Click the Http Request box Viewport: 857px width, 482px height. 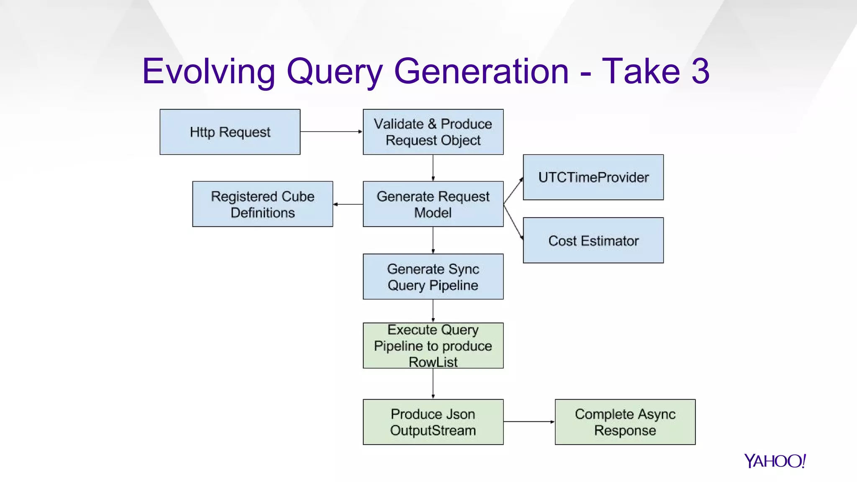(x=230, y=132)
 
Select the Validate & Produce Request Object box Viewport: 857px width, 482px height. (x=433, y=132)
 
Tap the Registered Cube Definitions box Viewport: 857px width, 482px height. (x=262, y=204)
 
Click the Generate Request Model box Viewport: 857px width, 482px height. (x=433, y=204)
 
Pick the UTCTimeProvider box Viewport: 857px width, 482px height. (x=593, y=177)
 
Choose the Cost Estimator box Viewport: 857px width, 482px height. (x=593, y=241)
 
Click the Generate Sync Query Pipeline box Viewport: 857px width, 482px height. (x=433, y=277)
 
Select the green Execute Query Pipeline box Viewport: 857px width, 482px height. (x=433, y=346)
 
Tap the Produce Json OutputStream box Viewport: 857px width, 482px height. (x=433, y=422)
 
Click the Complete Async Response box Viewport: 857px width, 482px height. (x=625, y=422)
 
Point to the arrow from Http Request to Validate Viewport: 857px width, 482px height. (x=331, y=131)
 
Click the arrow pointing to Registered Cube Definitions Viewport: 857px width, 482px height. (x=348, y=204)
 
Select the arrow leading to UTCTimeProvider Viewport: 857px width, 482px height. (x=513, y=191)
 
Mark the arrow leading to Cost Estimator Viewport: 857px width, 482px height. (x=513, y=222)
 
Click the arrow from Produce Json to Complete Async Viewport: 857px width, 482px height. (x=529, y=422)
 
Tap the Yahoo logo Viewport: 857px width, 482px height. (x=775, y=461)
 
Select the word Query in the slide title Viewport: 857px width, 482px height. (x=334, y=72)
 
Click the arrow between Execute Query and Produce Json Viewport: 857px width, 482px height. (x=433, y=383)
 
